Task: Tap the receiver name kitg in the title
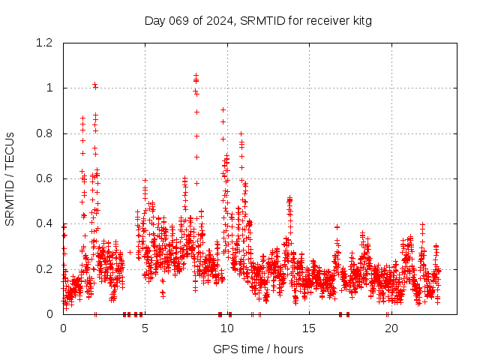359,20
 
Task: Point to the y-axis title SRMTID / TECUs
10,178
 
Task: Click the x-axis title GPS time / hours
258,349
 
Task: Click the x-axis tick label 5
145,328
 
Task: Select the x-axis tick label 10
227,328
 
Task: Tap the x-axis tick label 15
309,328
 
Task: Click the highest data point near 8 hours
196,75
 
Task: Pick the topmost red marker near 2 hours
94,85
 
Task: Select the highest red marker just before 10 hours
223,109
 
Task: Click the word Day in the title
154,20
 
